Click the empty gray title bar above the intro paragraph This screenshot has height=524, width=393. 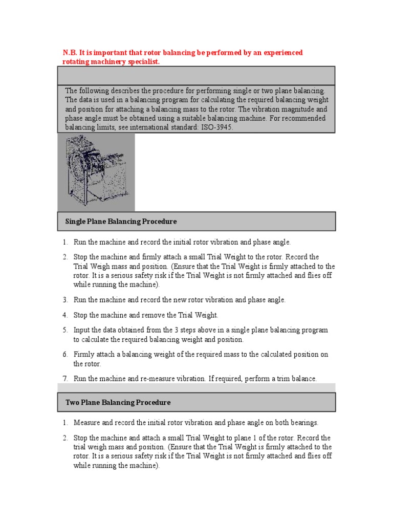[x=196, y=76]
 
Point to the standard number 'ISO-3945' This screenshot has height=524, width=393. [x=216, y=127]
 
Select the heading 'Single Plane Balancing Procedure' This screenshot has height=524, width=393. [x=121, y=222]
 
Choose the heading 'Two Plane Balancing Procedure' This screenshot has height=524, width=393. [x=118, y=403]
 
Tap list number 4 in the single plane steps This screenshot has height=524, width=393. [x=65, y=315]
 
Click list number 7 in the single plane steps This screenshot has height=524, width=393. [x=65, y=379]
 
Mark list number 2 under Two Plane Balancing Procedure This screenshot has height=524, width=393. [x=65, y=439]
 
